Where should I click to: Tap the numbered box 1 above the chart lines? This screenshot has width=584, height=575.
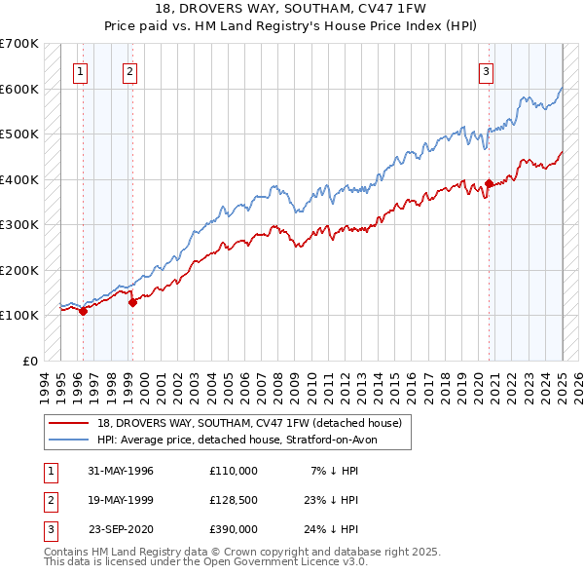[x=79, y=69]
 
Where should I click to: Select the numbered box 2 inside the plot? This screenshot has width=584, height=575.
[x=129, y=69]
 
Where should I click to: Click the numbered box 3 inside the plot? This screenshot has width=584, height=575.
[x=486, y=69]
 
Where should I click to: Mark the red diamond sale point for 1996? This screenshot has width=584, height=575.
[x=84, y=311]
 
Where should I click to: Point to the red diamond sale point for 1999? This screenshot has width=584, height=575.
[x=132, y=302]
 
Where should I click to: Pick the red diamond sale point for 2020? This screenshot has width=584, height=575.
[x=489, y=183]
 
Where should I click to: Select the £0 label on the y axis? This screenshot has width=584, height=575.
[x=30, y=361]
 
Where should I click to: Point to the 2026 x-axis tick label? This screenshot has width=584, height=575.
[x=579, y=384]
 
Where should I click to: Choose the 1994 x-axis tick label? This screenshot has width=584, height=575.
[x=44, y=384]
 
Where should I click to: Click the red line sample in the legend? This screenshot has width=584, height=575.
[x=68, y=422]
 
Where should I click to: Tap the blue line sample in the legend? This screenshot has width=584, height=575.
[x=68, y=440]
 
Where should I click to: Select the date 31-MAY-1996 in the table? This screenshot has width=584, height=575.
[x=121, y=471]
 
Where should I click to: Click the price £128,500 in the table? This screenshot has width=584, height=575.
[x=234, y=500]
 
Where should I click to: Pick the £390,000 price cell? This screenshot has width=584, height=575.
[x=234, y=529]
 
